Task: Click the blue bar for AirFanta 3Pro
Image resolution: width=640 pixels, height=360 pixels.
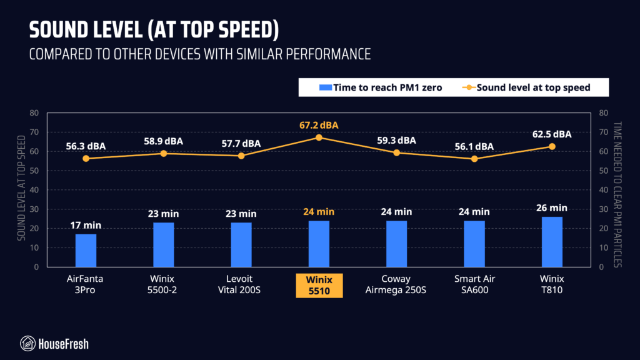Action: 86,250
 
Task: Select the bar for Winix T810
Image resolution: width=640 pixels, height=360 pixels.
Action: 551,241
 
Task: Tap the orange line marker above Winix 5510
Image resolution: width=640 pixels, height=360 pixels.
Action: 319,137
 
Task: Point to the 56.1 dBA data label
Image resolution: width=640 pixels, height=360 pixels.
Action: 474,146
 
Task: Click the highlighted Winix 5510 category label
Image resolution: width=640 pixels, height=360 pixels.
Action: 319,284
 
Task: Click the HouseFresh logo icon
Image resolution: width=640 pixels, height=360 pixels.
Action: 27,342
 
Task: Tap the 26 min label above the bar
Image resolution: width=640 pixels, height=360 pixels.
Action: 551,207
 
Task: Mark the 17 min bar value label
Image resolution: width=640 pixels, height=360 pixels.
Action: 86,225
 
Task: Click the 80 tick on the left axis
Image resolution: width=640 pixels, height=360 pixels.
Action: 34,113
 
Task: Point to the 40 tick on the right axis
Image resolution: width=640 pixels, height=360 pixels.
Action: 604,190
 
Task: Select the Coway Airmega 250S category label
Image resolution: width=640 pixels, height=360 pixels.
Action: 396,284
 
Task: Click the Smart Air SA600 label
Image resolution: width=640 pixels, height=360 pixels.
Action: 474,284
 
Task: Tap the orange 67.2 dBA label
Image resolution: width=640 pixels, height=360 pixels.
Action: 319,125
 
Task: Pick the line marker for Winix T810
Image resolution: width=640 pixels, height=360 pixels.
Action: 551,146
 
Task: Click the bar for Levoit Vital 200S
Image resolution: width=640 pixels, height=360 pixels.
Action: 241,244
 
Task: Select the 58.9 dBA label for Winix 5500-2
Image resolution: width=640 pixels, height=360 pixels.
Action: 163,141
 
